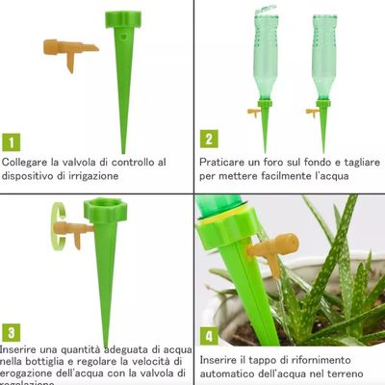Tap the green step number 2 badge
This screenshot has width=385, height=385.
coord(209,140)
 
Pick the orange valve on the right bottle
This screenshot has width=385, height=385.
coord(313,113)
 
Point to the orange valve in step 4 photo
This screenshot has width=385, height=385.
coord(271,249)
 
